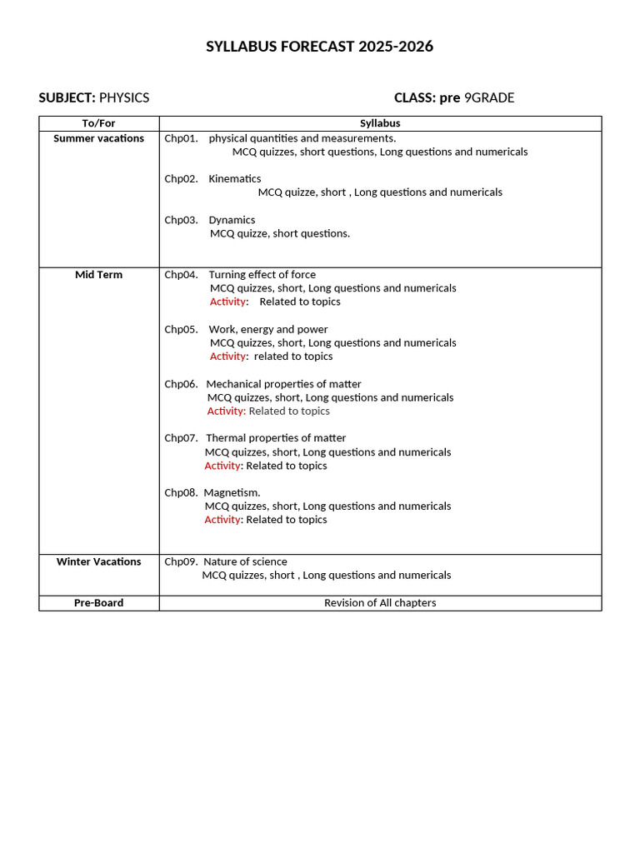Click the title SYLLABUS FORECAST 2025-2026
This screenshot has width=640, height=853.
click(320, 47)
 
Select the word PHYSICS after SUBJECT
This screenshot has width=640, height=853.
click(124, 97)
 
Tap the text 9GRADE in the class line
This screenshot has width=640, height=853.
click(489, 97)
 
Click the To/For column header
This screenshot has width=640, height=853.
click(98, 123)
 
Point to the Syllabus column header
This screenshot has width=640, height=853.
click(380, 123)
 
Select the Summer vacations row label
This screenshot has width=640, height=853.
click(98, 138)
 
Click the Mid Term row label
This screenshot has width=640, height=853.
click(98, 275)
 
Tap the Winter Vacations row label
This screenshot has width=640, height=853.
click(98, 561)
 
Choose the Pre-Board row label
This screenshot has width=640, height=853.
click(98, 603)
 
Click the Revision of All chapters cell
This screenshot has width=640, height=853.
click(380, 603)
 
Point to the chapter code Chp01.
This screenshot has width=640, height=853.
click(181, 138)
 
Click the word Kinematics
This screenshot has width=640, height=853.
click(235, 179)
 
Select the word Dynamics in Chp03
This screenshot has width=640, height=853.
click(232, 220)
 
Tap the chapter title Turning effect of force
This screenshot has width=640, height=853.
click(262, 275)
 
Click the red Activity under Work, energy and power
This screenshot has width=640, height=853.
click(227, 357)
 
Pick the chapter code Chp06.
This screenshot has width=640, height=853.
click(181, 384)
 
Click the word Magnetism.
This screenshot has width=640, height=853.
click(232, 493)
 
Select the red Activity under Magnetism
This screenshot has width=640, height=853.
click(222, 520)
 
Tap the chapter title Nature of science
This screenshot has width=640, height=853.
click(245, 561)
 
